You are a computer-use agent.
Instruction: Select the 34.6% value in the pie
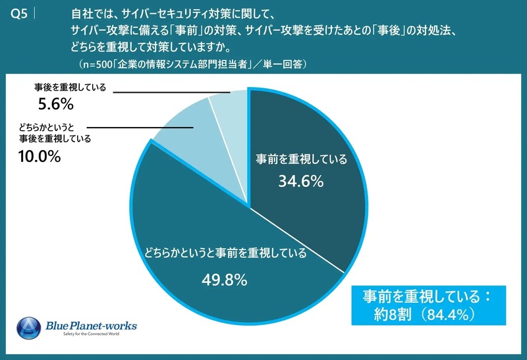pos(300,182)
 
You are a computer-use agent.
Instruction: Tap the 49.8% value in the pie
pos(225,280)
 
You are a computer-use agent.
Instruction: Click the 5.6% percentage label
pos(55,105)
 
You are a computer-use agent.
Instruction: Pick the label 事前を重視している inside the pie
pos(300,159)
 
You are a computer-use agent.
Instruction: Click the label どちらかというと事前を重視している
pos(225,253)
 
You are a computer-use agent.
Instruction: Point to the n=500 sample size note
pos(191,64)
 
